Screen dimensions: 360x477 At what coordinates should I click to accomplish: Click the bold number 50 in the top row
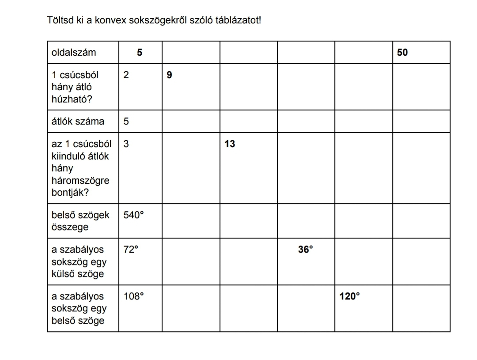pos(402,53)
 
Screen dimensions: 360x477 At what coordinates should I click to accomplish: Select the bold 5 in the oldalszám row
pos(140,53)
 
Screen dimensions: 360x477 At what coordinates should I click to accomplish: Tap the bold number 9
pos(170,75)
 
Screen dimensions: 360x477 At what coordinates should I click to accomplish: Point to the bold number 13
pos(230,144)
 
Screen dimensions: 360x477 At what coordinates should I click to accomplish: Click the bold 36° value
pos(305,250)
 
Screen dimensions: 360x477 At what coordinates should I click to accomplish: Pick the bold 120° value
pos(350,296)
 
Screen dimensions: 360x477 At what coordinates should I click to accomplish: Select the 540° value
pos(134,215)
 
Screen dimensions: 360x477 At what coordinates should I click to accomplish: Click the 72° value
pos(131,250)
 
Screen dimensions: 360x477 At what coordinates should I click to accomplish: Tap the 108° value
pos(134,296)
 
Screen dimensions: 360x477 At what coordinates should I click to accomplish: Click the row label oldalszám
pos(74,53)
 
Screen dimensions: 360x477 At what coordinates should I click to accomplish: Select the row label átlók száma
pos(78,121)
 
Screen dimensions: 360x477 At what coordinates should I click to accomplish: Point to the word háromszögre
pos(80,181)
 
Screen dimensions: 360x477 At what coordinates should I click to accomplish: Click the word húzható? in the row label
pos(72,99)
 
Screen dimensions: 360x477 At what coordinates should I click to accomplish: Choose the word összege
pos(70,227)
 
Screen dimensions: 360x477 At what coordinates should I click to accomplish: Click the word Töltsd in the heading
pos(59,20)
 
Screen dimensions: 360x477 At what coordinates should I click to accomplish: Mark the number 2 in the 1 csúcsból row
pos(126,75)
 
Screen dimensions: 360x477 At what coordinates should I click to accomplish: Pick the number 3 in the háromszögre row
pos(126,144)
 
